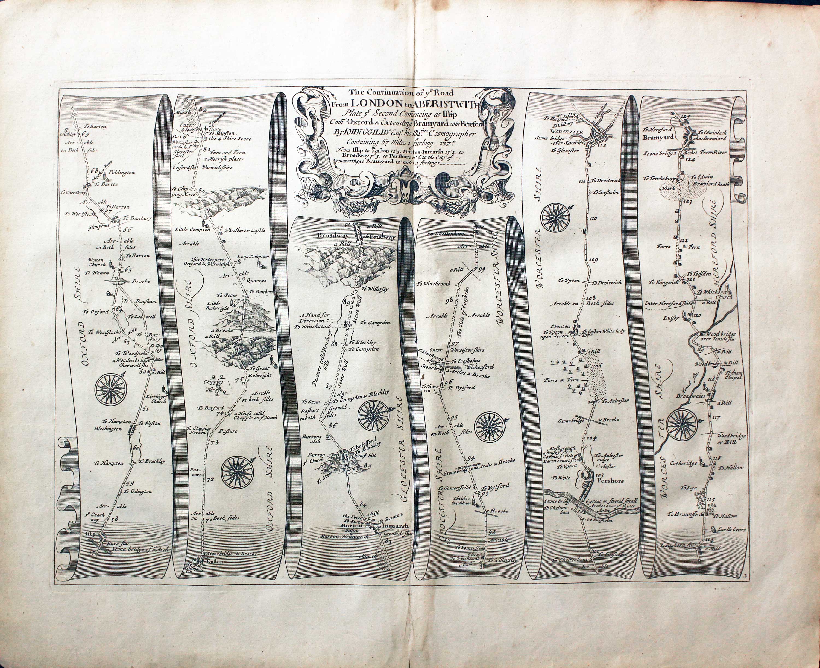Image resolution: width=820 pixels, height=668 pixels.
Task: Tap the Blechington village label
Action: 108,428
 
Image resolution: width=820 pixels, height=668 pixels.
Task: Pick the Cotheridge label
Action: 683,463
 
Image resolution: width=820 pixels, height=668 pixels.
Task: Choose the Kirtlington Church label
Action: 156,398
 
